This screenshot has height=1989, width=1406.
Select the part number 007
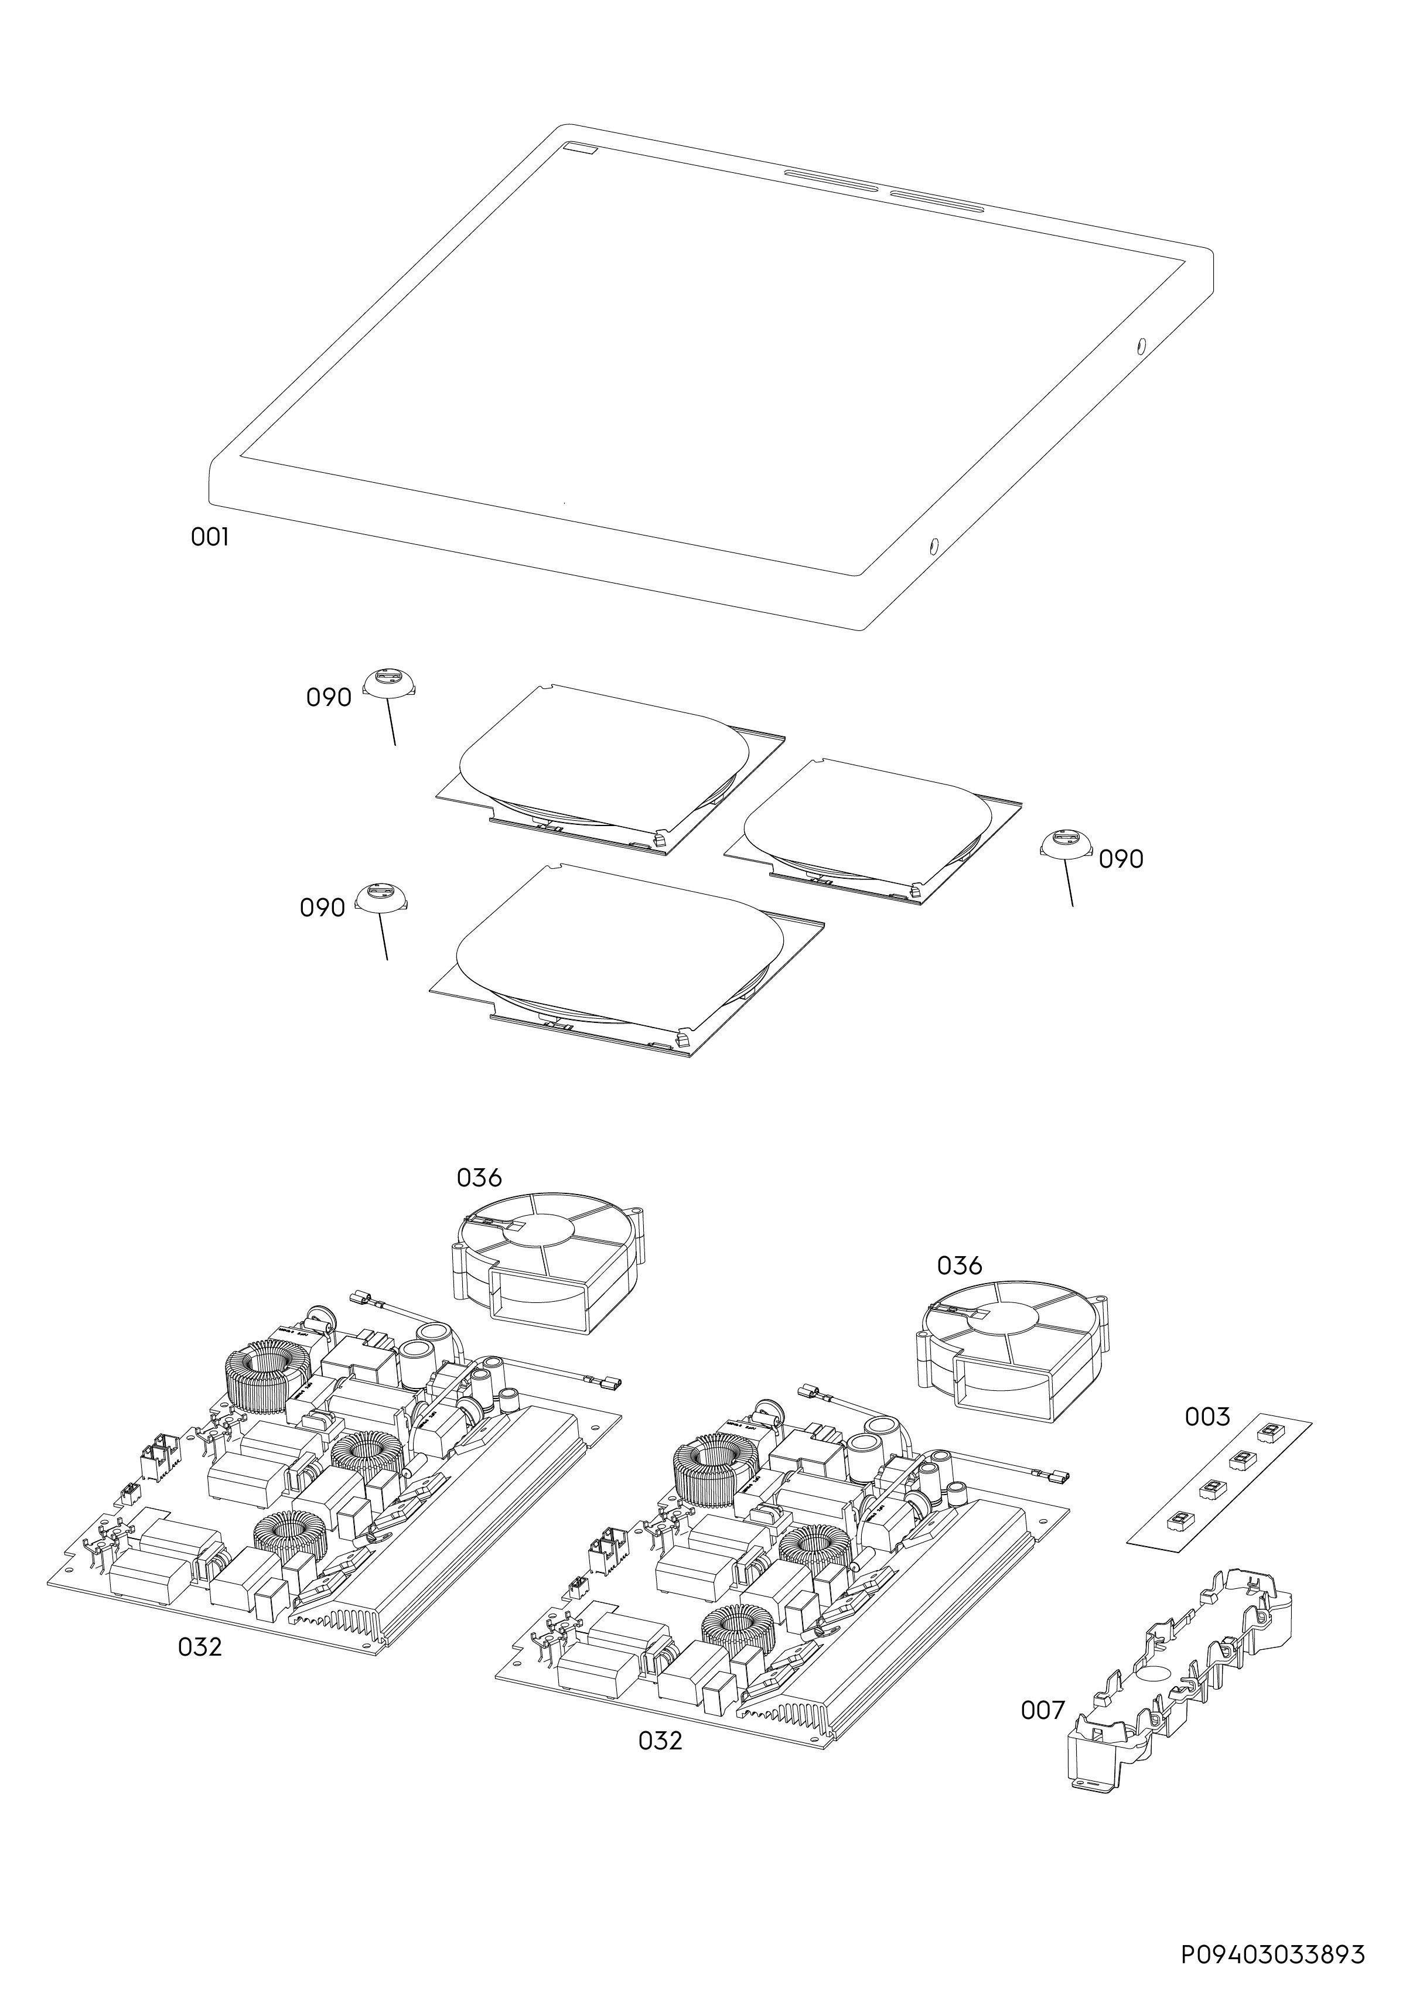(1042, 1710)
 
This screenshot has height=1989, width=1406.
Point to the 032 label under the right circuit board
(660, 1765)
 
